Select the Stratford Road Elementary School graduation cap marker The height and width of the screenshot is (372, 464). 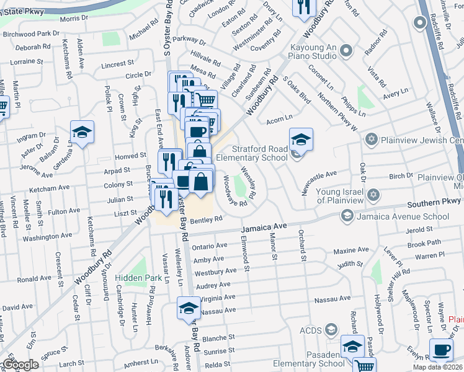tap(301, 138)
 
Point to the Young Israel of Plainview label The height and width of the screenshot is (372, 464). tap(339, 196)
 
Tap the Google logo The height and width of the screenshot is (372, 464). tap(20, 365)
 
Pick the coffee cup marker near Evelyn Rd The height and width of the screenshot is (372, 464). tap(441, 350)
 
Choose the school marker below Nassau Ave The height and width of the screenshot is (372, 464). tap(189, 308)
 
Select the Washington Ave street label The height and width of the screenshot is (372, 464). tap(48, 237)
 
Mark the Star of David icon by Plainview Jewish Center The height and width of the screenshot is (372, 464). tap(372, 138)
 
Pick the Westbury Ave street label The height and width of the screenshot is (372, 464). tap(215, 272)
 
